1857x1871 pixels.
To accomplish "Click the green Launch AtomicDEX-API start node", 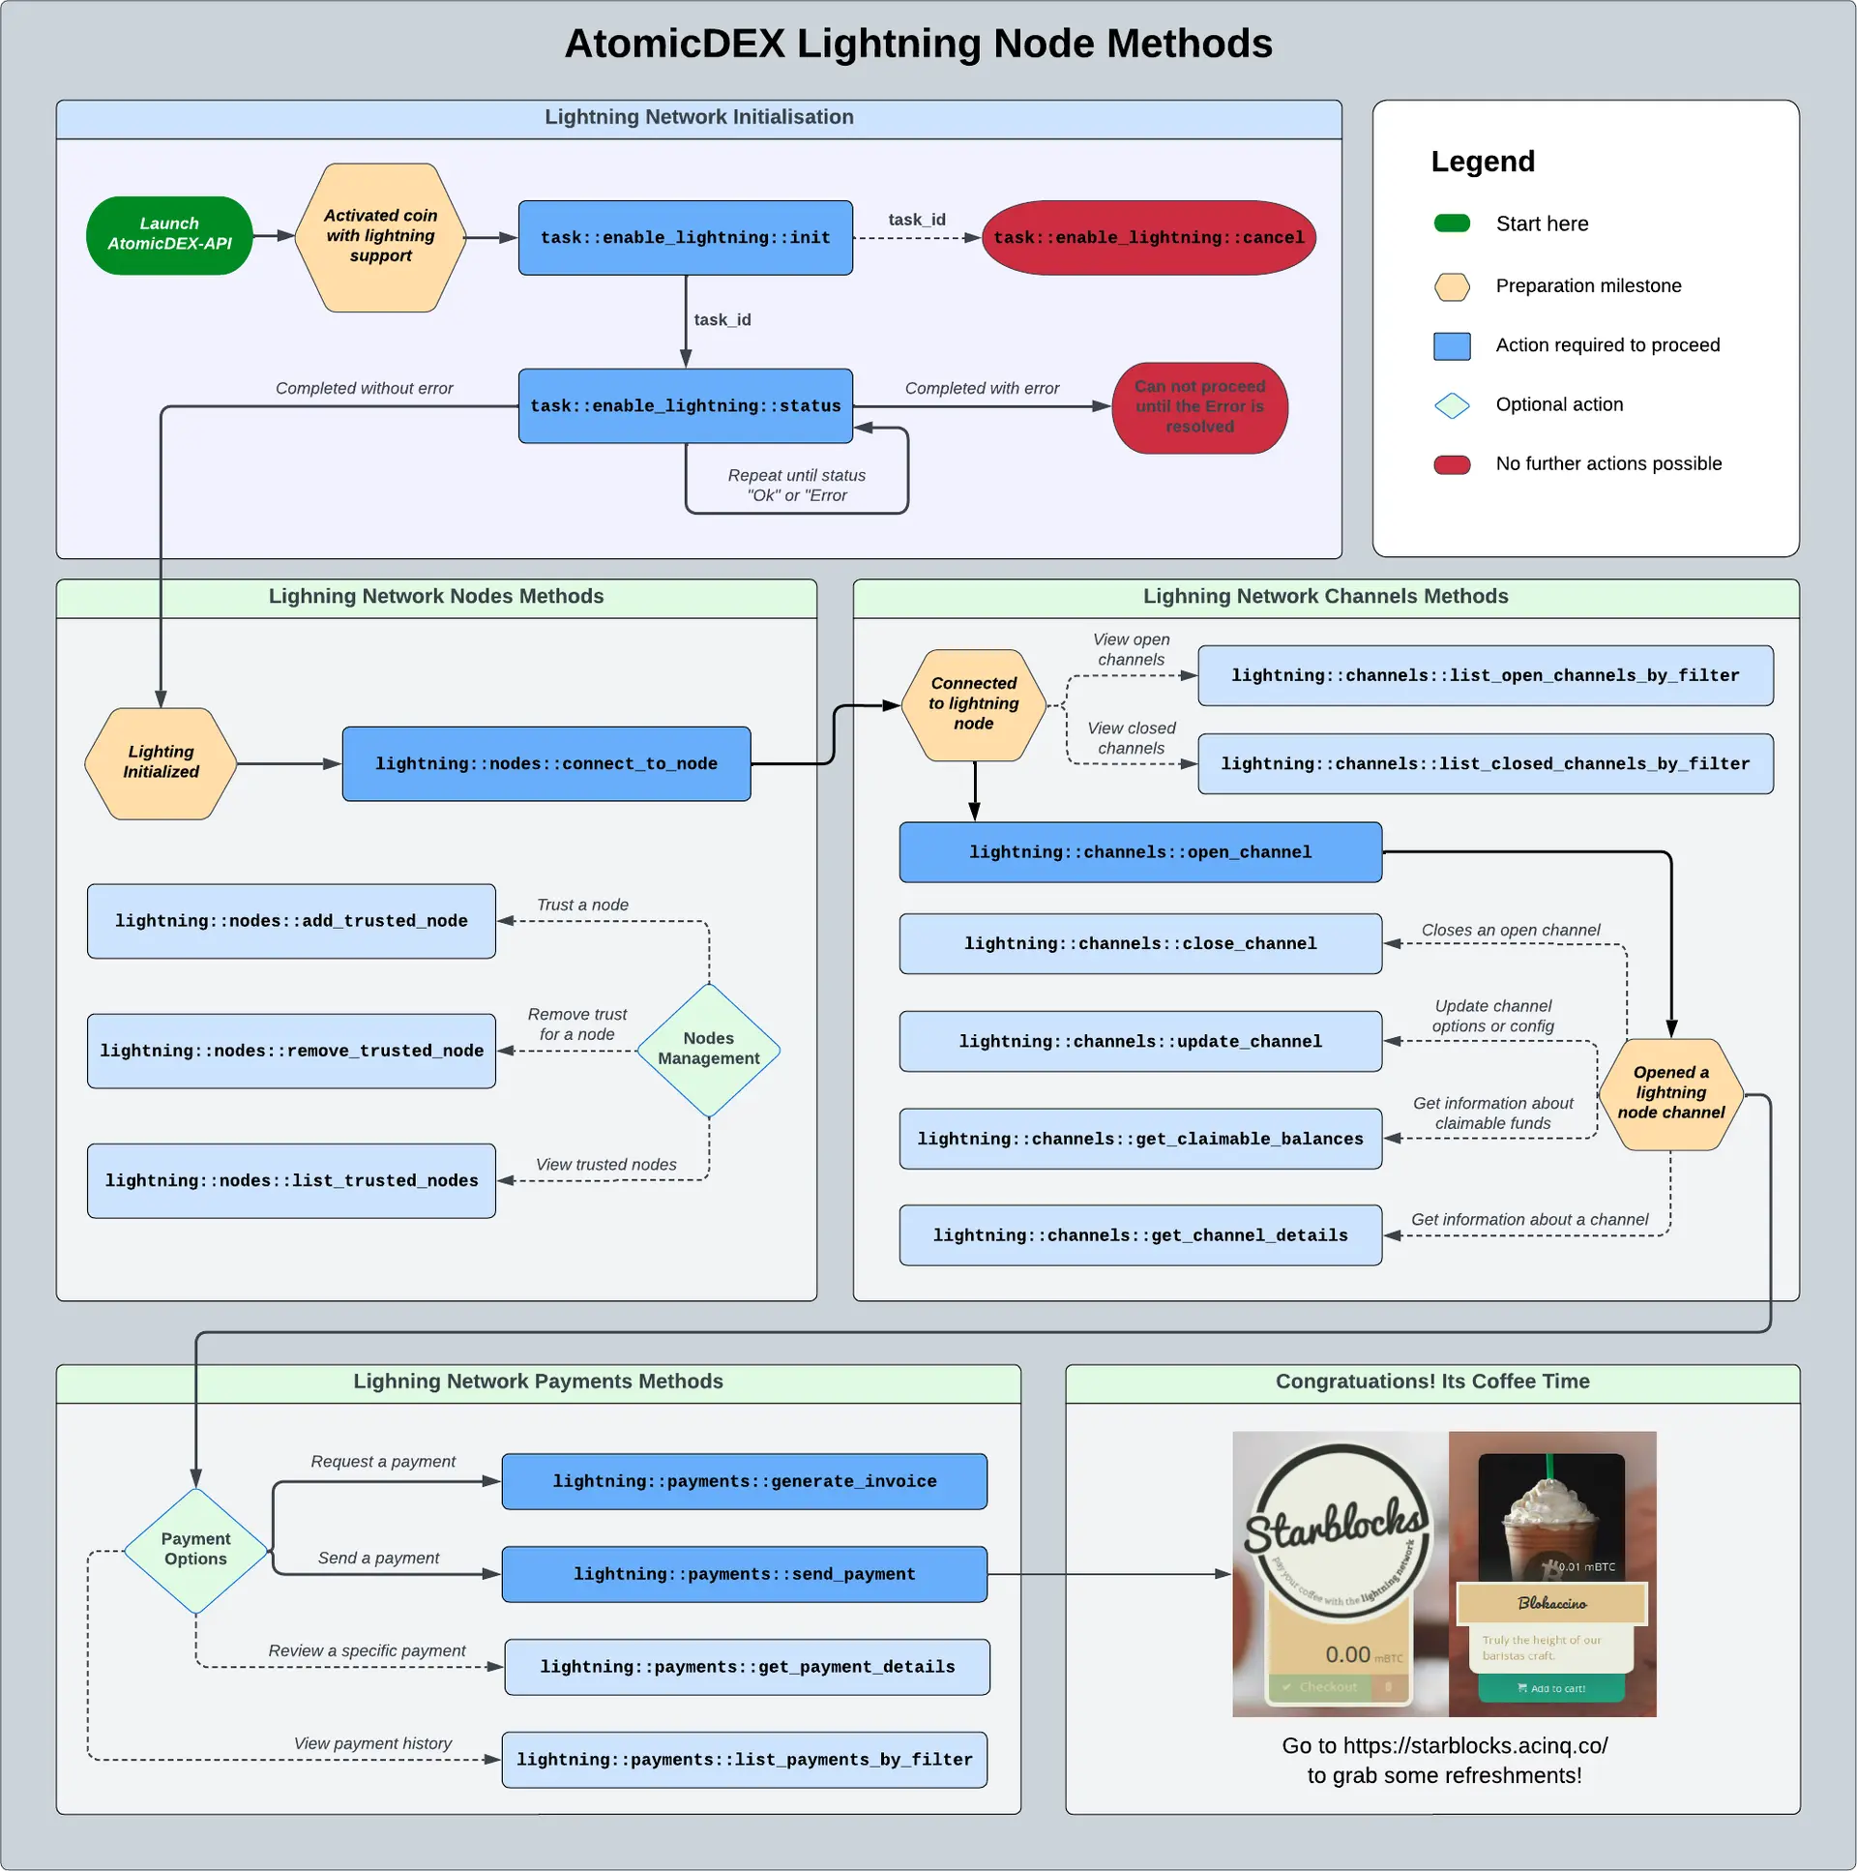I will pyautogui.click(x=169, y=235).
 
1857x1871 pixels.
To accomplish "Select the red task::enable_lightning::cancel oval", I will pyautogui.click(x=1148, y=237).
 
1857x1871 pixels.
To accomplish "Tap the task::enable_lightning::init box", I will pyautogui.click(x=685, y=237).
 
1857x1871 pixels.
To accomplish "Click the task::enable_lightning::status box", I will pyautogui.click(x=685, y=405).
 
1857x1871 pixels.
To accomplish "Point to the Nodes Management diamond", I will pyautogui.click(x=708, y=1050).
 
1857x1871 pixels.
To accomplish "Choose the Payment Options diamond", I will pyautogui.click(x=195, y=1550).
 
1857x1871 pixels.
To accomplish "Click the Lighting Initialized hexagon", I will pyautogui.click(x=161, y=763).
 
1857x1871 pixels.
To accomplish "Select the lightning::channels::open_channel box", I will pyautogui.click(x=1139, y=852).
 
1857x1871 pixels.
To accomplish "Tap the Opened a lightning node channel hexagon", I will pyautogui.click(x=1670, y=1093).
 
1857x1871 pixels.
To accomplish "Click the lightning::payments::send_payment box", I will pyautogui.click(x=744, y=1574).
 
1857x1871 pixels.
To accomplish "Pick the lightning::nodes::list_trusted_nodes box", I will pyautogui.click(x=290, y=1180).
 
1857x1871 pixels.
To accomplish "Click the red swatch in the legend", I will pyautogui.click(x=1452, y=464).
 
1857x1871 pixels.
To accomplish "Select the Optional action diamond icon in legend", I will pyautogui.click(x=1452, y=404).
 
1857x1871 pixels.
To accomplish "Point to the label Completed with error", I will pyautogui.click(x=981, y=388).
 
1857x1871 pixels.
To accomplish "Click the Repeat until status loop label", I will pyautogui.click(x=796, y=486).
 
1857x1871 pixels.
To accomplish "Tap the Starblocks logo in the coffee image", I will pyautogui.click(x=1337, y=1530).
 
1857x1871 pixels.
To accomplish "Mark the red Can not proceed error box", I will pyautogui.click(x=1198, y=406).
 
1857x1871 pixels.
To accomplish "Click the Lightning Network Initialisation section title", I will pyautogui.click(x=698, y=117).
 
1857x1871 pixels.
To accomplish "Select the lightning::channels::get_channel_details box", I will pyautogui.click(x=1139, y=1235).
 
